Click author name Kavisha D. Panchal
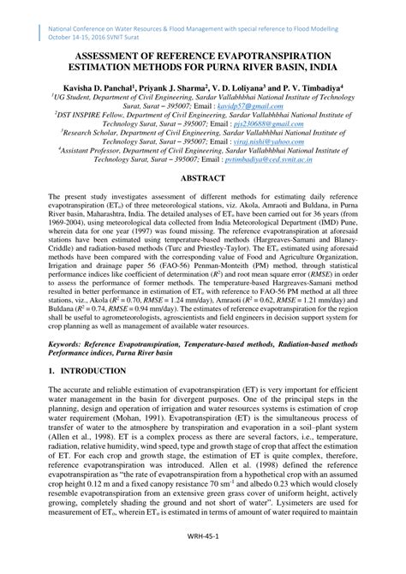pyautogui.click(x=93, y=87)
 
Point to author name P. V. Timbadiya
pyautogui.click(x=301, y=87)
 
